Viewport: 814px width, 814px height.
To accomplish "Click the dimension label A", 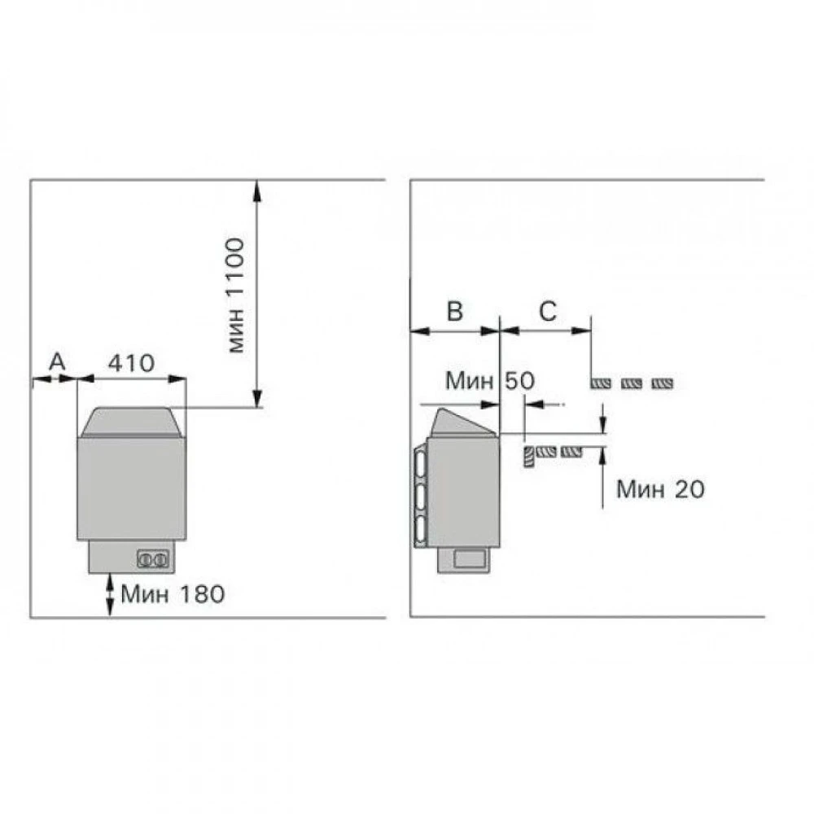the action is point(58,361).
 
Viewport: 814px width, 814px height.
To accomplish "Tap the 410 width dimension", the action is point(131,363).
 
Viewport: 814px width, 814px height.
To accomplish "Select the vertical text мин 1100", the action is point(236,295).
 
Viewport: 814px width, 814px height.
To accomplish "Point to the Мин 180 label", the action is point(173,594).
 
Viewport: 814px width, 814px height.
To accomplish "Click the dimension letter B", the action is point(455,311).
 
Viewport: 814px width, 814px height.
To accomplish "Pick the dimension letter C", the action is point(548,311).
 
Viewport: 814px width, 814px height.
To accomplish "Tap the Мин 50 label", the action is point(490,380).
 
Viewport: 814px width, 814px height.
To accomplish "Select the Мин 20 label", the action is point(660,489).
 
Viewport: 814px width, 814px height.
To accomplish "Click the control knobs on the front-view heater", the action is point(153,559).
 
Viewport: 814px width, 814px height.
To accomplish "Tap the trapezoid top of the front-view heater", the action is point(131,422).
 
